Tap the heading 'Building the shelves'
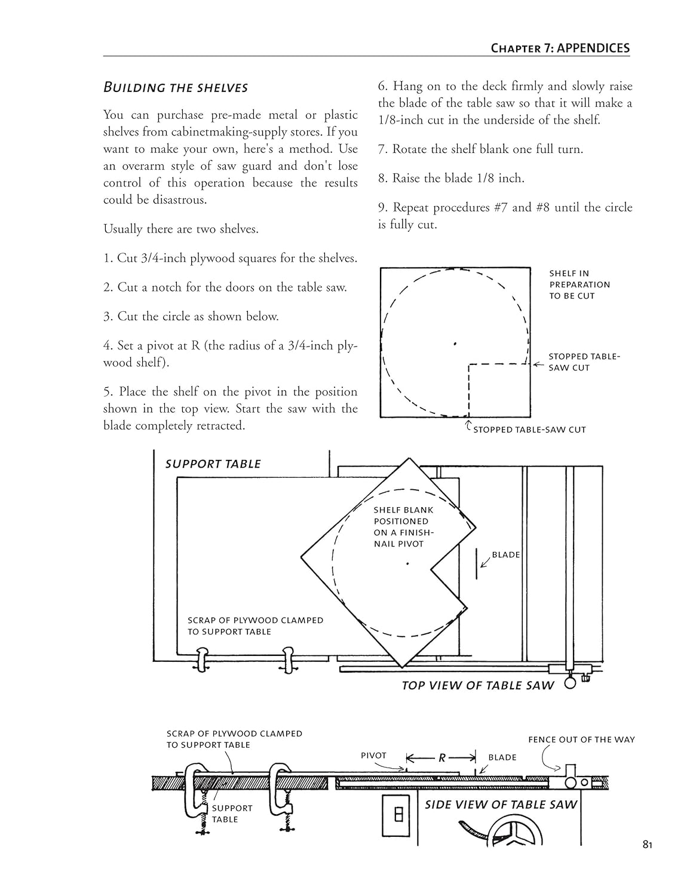point(176,87)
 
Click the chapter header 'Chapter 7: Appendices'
point(560,48)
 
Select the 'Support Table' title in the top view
point(213,464)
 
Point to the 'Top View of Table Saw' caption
point(478,685)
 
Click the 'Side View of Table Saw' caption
point(501,805)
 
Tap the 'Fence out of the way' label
point(581,739)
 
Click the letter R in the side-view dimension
point(442,758)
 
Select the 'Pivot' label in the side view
point(373,756)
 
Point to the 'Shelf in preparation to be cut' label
point(579,284)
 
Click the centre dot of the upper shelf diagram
point(455,343)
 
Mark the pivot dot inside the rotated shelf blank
point(407,563)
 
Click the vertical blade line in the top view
point(476,563)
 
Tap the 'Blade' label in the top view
point(505,554)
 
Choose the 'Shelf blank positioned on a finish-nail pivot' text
point(403,527)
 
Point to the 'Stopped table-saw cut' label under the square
point(529,429)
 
